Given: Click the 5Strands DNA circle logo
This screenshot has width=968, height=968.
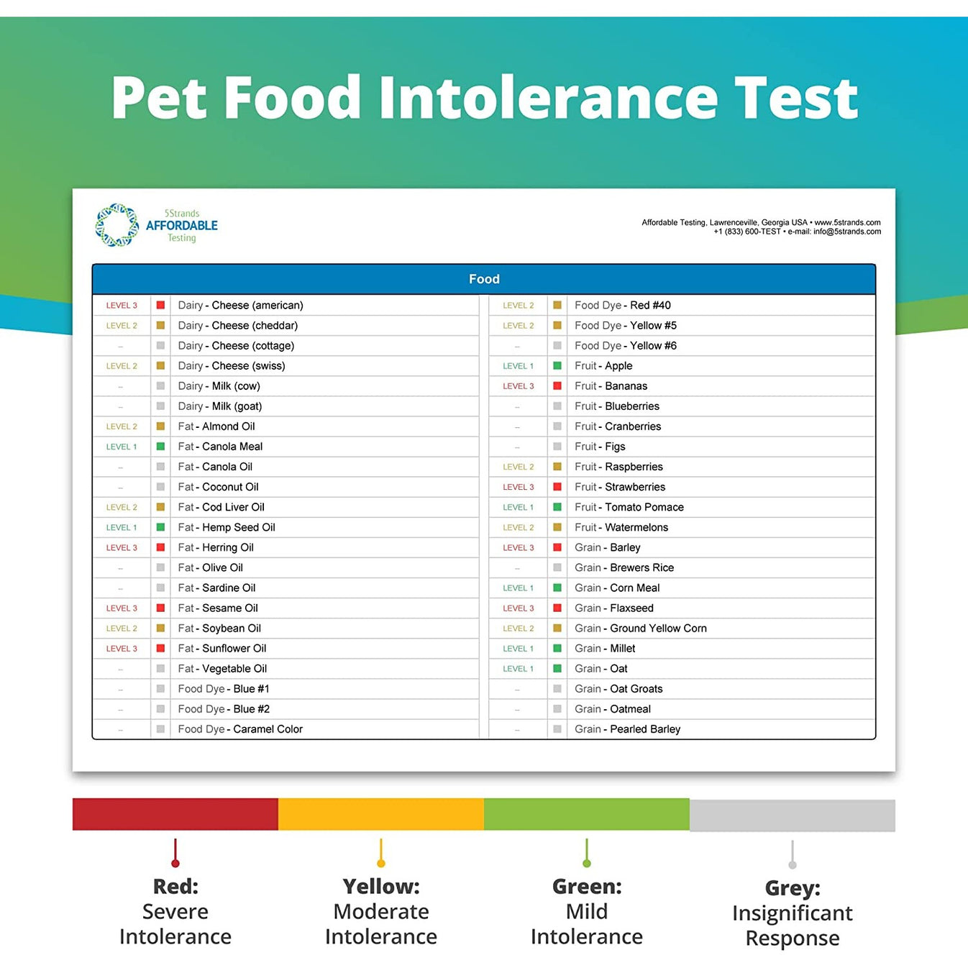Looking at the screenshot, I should pos(117,225).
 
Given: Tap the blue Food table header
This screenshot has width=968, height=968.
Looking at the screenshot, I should pos(484,279).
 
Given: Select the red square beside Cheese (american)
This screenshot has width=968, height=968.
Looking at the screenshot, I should pos(160,305).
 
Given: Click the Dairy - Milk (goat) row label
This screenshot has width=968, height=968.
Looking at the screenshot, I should pos(219,406).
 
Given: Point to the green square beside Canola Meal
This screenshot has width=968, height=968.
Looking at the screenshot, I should pos(160,447).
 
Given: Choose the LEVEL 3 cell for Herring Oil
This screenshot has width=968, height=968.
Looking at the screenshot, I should pos(122,548).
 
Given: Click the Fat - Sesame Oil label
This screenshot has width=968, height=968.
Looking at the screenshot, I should pos(218,608).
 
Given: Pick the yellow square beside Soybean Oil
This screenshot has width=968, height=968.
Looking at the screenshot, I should pos(160,629).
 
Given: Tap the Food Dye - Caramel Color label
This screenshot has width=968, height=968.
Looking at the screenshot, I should pos(240,729).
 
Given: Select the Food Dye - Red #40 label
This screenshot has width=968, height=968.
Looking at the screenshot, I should pos(622,306).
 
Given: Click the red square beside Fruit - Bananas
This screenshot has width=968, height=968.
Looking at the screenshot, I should pos(557,386).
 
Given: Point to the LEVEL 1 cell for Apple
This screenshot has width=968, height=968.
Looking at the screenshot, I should pos(518,366).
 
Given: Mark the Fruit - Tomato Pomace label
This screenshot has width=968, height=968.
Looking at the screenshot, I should pos(629,508).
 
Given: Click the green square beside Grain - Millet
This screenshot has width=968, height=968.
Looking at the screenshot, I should pos(557,649).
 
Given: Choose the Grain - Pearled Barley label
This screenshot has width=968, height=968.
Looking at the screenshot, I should pos(627,729).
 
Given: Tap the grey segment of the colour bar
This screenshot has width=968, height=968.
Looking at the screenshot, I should pos(792,816).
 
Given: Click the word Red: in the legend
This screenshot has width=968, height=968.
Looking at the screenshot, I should pos(175,886).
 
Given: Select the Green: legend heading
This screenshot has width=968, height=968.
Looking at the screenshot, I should pos(587,886).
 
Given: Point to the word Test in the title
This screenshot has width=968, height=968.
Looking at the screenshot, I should pos(795,99).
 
